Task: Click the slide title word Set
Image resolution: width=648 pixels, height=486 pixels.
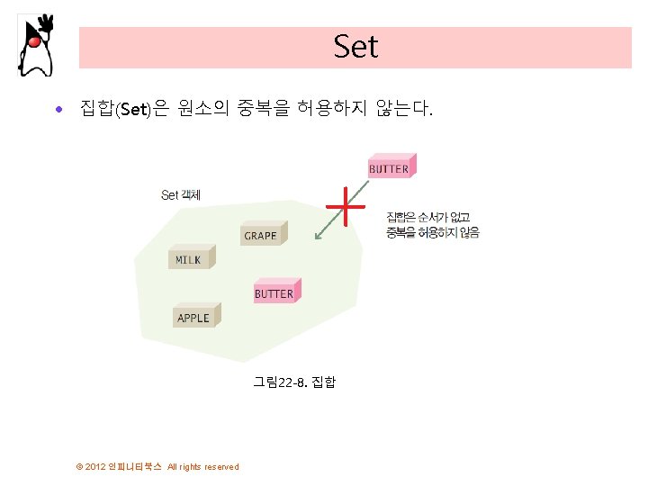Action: point(355,47)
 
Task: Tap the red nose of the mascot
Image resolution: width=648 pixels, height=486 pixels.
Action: point(33,41)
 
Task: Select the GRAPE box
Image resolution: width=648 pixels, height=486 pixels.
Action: point(262,234)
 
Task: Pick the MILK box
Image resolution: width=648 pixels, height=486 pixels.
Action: point(190,258)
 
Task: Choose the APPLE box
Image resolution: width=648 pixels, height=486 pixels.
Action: point(194,317)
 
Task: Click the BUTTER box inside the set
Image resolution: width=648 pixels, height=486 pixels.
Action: point(274,292)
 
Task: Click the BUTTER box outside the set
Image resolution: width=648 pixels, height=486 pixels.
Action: point(389,167)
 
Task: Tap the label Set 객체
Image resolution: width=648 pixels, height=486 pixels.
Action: point(181,194)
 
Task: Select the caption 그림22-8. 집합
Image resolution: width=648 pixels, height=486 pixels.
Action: point(294,382)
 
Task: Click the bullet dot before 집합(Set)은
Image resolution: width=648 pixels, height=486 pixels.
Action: point(58,111)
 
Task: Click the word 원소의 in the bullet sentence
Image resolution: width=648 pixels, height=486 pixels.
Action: point(204,111)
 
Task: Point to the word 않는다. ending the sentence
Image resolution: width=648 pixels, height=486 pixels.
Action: point(407,111)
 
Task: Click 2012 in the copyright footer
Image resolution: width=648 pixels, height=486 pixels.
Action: point(95,466)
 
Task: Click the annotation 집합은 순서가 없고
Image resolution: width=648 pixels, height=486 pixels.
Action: point(428,217)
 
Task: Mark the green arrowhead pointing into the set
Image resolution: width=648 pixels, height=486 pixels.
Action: point(317,238)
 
